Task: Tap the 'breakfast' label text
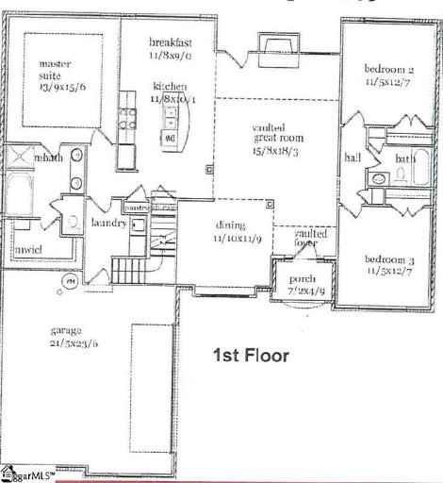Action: tap(172, 43)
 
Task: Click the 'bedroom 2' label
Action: tap(390, 70)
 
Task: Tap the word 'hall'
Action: tap(353, 158)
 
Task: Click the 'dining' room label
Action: tap(230, 225)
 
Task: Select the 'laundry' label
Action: tap(108, 225)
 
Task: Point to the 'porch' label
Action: tap(302, 278)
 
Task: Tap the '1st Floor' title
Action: tap(250, 357)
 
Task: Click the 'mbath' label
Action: tap(49, 158)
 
